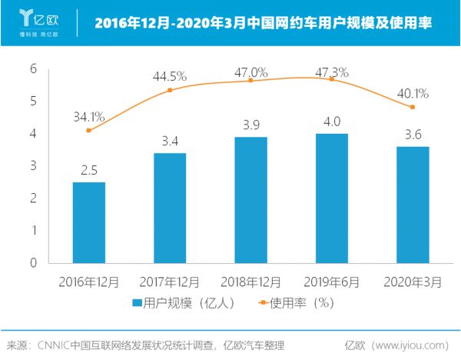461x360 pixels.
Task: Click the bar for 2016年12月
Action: click(88, 222)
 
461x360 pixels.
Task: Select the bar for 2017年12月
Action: click(169, 208)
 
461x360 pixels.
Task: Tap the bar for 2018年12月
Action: click(250, 199)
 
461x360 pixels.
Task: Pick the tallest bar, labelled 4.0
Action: click(332, 198)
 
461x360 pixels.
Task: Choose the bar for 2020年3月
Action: click(413, 204)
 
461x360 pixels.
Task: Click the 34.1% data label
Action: click(88, 118)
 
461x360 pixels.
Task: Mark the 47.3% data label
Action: click(332, 72)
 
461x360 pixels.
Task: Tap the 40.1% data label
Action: click(413, 94)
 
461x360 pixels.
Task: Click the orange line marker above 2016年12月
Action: click(88, 131)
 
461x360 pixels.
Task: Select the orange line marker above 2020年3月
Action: click(413, 107)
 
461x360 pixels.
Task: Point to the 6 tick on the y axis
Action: click(33, 68)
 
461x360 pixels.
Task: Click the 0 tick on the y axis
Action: click(33, 262)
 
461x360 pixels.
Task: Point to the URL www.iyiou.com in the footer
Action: click(408, 345)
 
